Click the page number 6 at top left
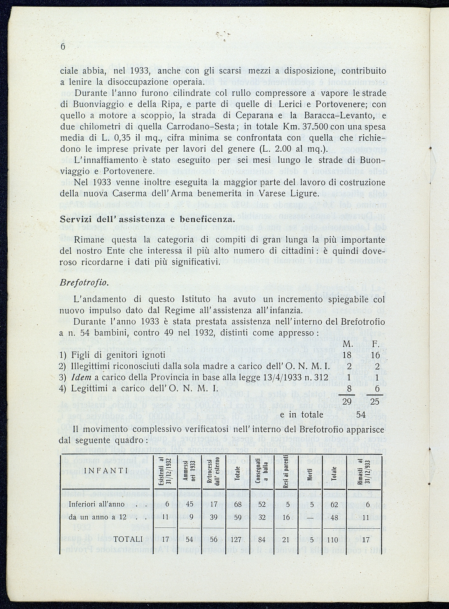tap(63, 47)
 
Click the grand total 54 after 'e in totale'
tap(360, 415)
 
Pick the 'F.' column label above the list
tap(375, 344)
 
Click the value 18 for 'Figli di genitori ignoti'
tap(348, 355)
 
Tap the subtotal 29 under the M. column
tap(348, 402)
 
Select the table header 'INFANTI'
tap(105, 471)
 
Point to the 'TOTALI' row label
tap(128, 539)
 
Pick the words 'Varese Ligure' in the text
tap(291, 193)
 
